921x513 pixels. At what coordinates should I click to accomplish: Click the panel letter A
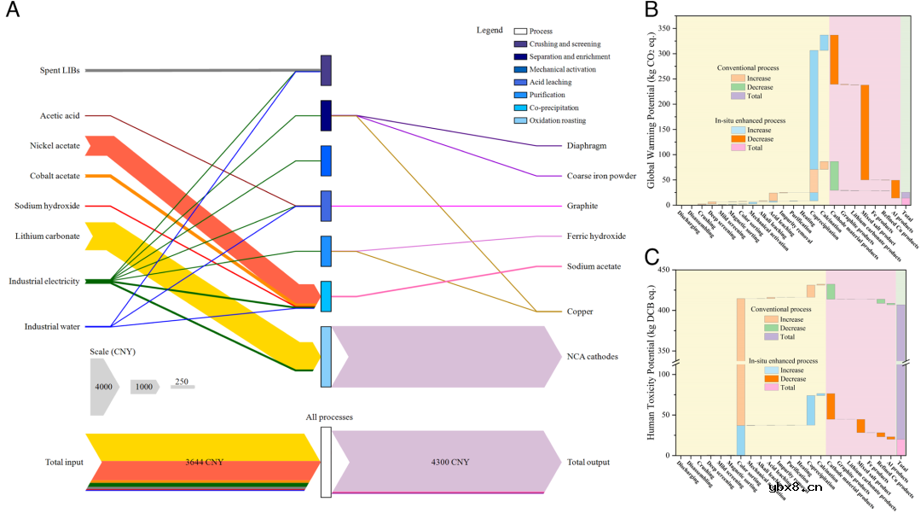(x=14, y=15)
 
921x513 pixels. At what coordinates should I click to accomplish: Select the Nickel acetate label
(x=55, y=146)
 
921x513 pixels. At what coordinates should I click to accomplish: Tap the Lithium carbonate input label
(x=50, y=236)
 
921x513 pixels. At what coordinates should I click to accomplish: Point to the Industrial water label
(x=52, y=327)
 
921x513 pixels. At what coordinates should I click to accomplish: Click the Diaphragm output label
(x=587, y=146)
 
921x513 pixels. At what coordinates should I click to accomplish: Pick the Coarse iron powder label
(x=601, y=177)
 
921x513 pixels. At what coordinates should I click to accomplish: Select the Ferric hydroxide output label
(x=596, y=236)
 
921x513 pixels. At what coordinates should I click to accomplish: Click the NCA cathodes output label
(x=593, y=356)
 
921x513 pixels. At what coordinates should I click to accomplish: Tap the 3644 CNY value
(x=205, y=462)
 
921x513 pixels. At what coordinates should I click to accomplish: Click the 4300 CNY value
(x=449, y=462)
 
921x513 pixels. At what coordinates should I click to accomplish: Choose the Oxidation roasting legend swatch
(x=519, y=121)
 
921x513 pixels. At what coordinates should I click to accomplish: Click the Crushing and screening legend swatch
(x=519, y=44)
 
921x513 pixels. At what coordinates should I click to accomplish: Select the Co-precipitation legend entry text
(x=553, y=108)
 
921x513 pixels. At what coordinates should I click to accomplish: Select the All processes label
(x=329, y=417)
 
